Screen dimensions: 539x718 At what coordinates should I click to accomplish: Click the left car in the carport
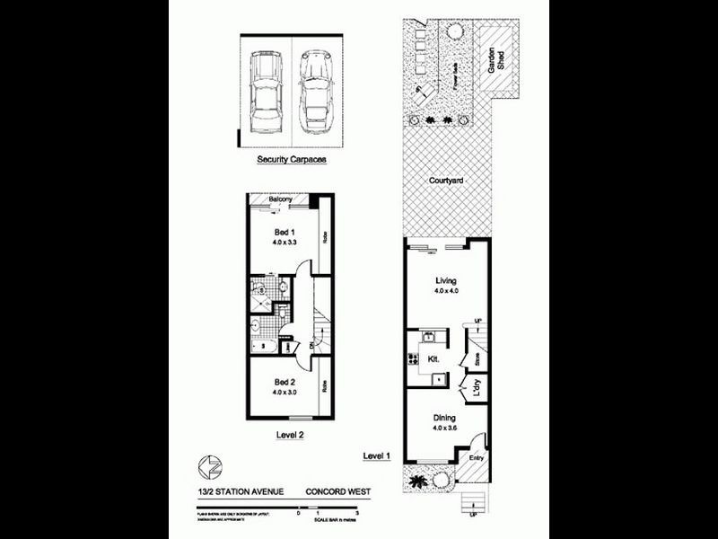(x=267, y=91)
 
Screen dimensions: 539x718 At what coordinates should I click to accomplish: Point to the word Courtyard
(x=446, y=181)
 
